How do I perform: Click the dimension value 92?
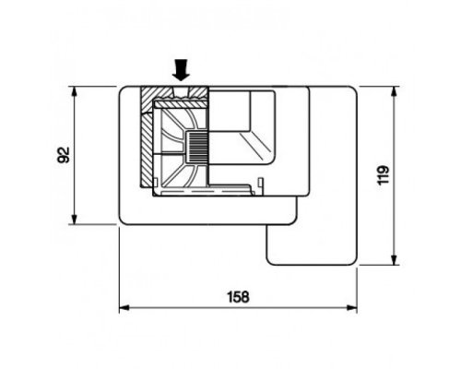64,155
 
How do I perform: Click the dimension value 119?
383,175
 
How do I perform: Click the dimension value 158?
238,297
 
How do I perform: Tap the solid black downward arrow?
182,70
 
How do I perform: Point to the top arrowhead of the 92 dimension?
74,91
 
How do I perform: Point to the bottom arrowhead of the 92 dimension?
74,220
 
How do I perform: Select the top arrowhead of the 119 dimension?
394,91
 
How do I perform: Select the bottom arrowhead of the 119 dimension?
394,259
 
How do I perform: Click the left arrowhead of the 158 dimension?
124,307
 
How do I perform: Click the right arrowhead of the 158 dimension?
352,307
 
